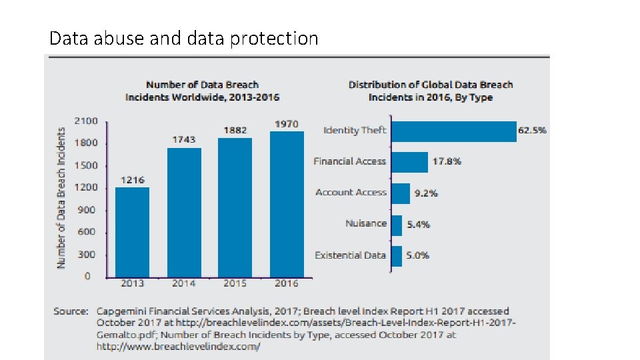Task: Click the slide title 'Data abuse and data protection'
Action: [x=184, y=39]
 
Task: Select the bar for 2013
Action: [x=132, y=231]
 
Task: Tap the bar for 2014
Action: [x=183, y=212]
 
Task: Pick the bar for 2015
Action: [x=235, y=207]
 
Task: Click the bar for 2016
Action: [x=286, y=203]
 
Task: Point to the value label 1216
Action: [x=132, y=180]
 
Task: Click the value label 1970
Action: [x=287, y=124]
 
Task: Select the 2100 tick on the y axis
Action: [x=87, y=121]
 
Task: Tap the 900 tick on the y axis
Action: [x=87, y=210]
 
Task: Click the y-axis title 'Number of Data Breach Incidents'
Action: [x=61, y=198]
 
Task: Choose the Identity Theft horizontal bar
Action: [x=453, y=131]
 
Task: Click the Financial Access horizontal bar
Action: [x=409, y=162]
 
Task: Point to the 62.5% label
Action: [x=532, y=131]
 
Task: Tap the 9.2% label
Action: [x=426, y=193]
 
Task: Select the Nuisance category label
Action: [x=365, y=223]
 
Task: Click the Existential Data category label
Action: [x=350, y=255]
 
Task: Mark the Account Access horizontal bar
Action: [x=400, y=193]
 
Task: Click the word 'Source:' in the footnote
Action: [x=71, y=311]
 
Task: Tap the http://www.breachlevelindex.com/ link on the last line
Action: [x=178, y=347]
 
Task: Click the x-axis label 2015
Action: [x=235, y=283]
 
